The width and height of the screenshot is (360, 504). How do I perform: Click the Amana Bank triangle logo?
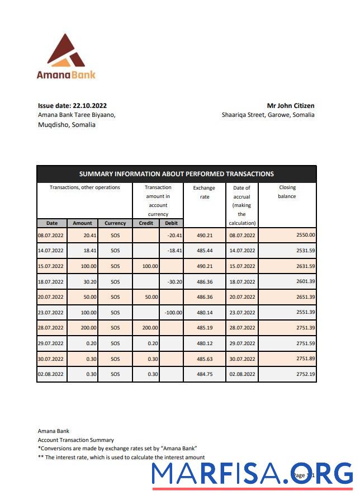click(65, 51)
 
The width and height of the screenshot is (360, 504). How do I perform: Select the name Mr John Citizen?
click(290, 105)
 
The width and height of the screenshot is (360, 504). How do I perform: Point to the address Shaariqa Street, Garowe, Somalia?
click(268, 115)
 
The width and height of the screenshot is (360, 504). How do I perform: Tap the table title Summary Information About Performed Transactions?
click(176, 174)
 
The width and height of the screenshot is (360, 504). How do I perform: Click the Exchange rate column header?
click(204, 192)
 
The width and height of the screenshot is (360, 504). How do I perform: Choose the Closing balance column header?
click(287, 192)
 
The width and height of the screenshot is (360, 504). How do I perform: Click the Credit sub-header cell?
click(145, 223)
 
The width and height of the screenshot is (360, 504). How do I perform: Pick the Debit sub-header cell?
click(171, 223)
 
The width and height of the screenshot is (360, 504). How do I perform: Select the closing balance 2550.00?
click(305, 235)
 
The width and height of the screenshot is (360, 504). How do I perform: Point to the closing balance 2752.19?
click(305, 374)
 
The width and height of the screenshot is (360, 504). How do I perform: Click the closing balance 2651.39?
click(305, 297)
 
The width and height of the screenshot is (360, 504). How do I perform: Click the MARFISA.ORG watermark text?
click(252, 474)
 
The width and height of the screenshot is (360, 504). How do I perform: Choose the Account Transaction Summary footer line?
click(75, 440)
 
